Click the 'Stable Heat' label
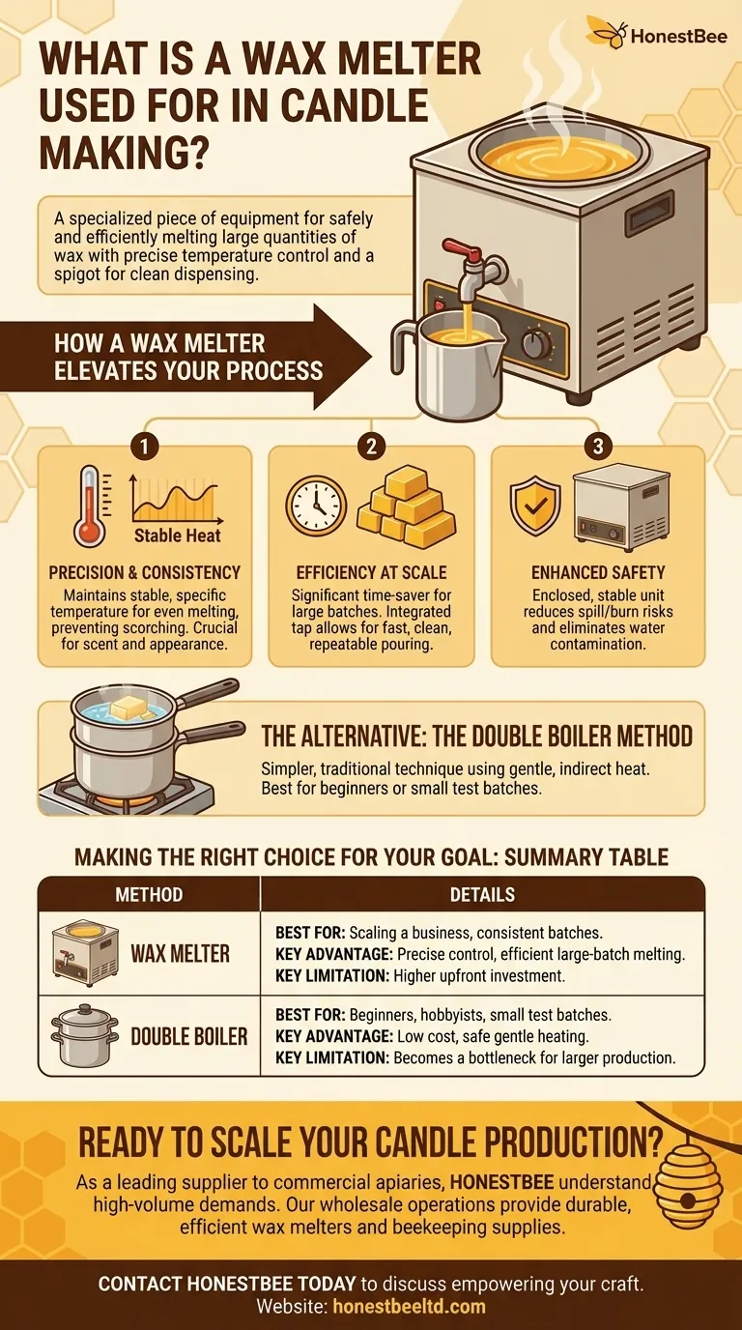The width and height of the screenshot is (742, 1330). click(177, 535)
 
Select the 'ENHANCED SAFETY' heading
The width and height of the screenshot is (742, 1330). click(598, 572)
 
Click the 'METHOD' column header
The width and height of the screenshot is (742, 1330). click(149, 894)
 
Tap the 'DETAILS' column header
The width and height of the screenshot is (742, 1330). click(482, 894)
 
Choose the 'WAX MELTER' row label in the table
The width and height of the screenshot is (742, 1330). click(180, 953)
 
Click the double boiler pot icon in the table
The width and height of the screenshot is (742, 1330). click(84, 1036)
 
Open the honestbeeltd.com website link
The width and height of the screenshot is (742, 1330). click(410, 1306)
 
